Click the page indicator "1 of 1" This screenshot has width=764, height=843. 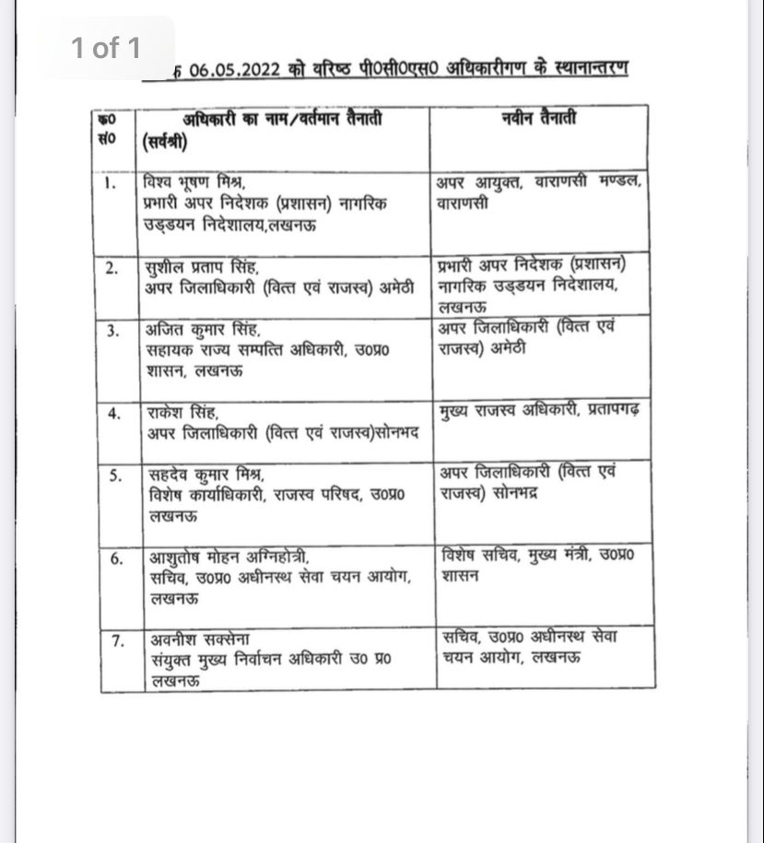(106, 48)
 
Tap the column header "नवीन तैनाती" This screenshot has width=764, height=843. (540, 119)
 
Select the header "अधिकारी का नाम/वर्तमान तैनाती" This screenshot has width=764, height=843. (281, 119)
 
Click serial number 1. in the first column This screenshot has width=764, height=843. (110, 182)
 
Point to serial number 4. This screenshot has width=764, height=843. (113, 413)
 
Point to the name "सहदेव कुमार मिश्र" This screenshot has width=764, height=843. (205, 474)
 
